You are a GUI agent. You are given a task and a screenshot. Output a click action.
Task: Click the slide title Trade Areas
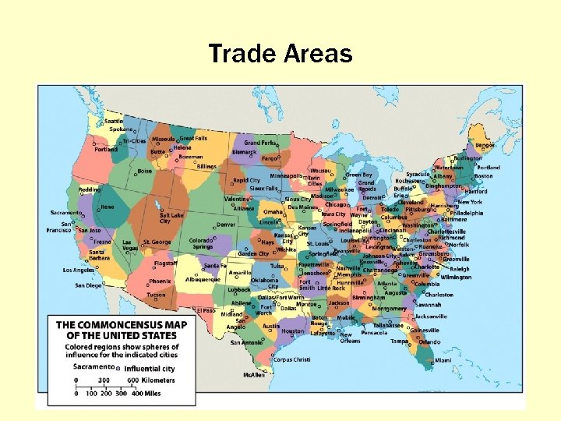point(280,54)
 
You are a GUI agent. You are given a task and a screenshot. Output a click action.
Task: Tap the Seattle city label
point(114,121)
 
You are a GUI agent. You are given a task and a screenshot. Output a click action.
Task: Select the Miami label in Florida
point(443,360)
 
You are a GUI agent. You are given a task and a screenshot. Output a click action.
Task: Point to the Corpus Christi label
point(292,359)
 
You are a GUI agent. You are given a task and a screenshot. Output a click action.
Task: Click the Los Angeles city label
point(79,270)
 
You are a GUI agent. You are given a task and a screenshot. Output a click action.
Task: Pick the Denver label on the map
point(226,225)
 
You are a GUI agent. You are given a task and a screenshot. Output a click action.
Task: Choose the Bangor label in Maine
point(485,145)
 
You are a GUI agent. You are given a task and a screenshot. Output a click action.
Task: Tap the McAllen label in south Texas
point(254,374)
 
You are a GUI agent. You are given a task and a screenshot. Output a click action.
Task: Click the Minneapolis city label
point(285,175)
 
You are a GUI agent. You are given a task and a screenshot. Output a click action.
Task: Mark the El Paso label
point(206,310)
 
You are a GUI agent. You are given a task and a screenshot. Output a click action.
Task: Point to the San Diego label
point(88,285)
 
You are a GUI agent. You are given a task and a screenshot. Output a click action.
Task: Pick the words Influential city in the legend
point(149,368)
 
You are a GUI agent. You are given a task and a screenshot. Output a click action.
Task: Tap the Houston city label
point(293,331)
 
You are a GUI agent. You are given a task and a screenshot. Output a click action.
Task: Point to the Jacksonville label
point(431,317)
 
